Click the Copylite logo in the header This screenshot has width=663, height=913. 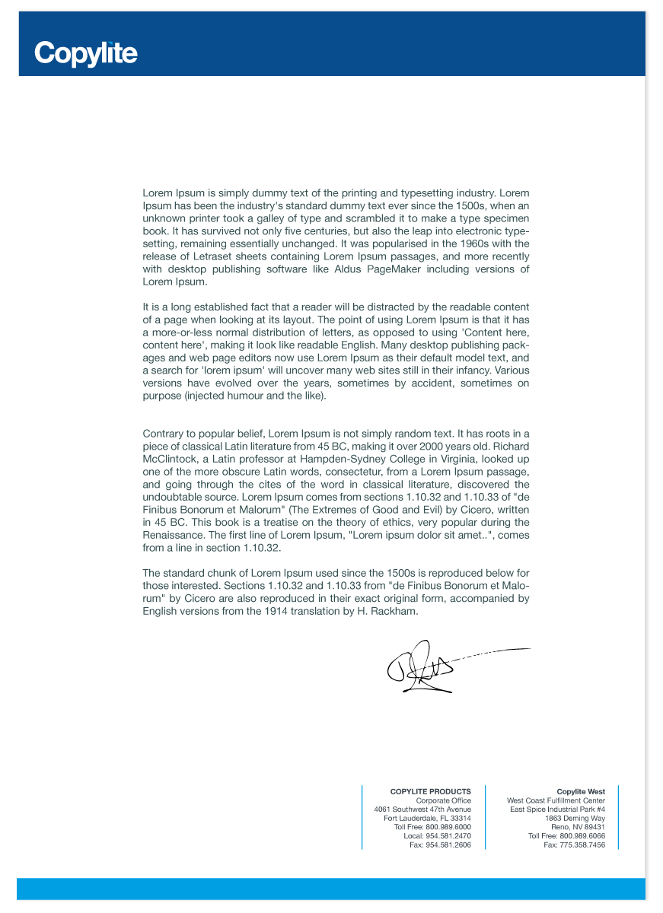click(86, 53)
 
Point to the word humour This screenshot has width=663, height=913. click(244, 396)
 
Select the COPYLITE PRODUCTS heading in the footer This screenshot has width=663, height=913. click(430, 792)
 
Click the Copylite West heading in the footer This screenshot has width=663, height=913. click(581, 792)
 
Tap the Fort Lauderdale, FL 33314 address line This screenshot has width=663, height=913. click(427, 819)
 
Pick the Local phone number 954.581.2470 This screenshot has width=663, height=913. click(448, 836)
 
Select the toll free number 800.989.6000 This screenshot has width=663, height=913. click(448, 827)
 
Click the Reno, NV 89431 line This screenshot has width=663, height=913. click(578, 827)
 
